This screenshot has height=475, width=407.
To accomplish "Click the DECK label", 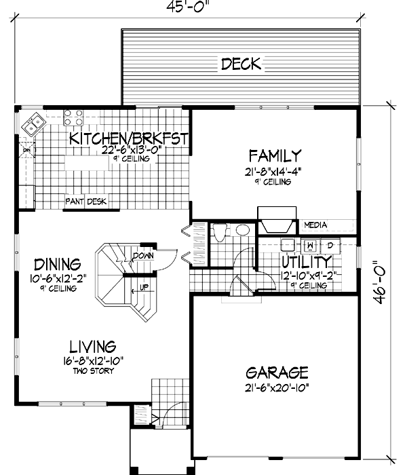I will [241, 64].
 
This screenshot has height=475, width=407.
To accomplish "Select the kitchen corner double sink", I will [32, 123].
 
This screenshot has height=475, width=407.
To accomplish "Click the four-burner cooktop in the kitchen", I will [73, 119].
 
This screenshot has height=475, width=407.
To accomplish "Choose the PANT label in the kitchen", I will [74, 202].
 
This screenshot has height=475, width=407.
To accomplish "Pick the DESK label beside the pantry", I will [96, 202].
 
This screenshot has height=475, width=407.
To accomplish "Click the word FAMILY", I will [274, 155].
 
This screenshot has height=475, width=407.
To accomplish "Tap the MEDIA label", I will [315, 225].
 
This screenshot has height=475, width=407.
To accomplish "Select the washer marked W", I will [310, 245].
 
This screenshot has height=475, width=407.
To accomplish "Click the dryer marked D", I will [330, 245].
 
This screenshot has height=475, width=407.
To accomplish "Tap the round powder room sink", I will [241, 231].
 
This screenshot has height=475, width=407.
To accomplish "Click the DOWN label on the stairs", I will [143, 256].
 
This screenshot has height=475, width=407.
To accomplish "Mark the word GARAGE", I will [277, 373].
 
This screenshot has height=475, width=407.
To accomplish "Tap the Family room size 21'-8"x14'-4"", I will [274, 171].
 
